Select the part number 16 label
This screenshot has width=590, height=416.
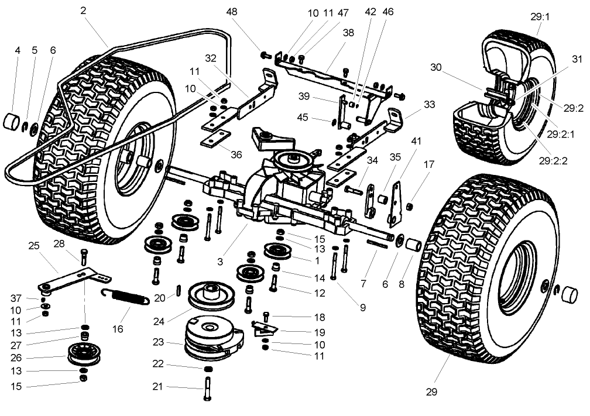point(118,329)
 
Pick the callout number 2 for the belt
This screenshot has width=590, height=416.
point(84,10)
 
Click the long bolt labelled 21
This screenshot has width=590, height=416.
point(207,387)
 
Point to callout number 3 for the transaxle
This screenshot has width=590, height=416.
point(220,262)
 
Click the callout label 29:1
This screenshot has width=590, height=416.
point(540,17)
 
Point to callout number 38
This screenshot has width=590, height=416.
point(349,33)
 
